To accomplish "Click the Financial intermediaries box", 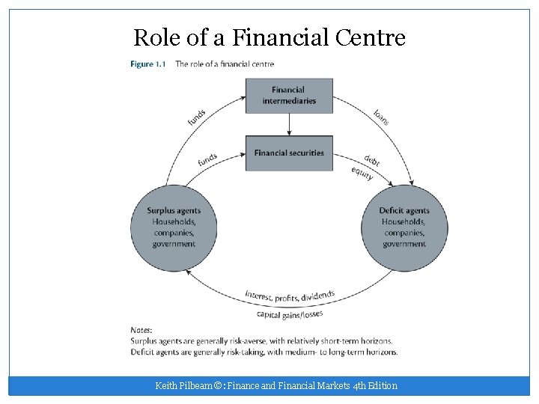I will pos(289,96).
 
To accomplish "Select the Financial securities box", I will pos(289,153).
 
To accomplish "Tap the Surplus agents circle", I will pos(174,227).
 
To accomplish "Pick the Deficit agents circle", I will pos(404,227).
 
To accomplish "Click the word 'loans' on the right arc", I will pos(382,117).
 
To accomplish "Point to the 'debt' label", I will pos(372,160).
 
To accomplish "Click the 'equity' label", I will pos(362,173).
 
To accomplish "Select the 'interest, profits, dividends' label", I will pos(290,296).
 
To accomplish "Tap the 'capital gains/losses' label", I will pos(290,315).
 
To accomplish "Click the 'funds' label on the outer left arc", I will pos(197,117).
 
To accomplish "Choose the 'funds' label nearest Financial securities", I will pos(207,160).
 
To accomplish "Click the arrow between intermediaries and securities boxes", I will pos(289,124).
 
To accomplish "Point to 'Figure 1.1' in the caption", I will pos(148,64).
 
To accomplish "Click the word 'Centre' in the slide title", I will pos(372,37).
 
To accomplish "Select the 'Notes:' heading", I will pos(141,329).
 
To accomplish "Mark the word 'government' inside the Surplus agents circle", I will pos(174,244).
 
